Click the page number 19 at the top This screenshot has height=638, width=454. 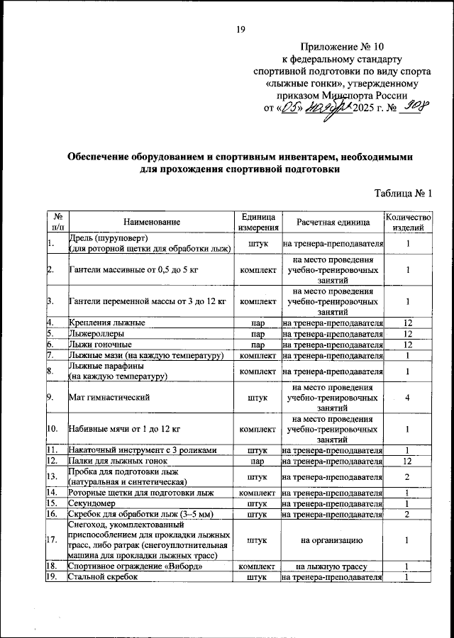(x=240, y=29)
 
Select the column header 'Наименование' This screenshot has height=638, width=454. (x=151, y=223)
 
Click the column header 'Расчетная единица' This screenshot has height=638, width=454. (x=333, y=223)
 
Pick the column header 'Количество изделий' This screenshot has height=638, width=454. (x=408, y=223)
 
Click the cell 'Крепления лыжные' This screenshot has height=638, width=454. (x=107, y=323)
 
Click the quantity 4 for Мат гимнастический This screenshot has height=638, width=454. (x=408, y=398)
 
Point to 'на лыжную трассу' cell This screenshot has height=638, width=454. (x=333, y=566)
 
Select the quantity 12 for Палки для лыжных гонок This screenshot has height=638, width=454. (x=408, y=461)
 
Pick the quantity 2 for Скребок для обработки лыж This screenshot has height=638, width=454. (x=408, y=513)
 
